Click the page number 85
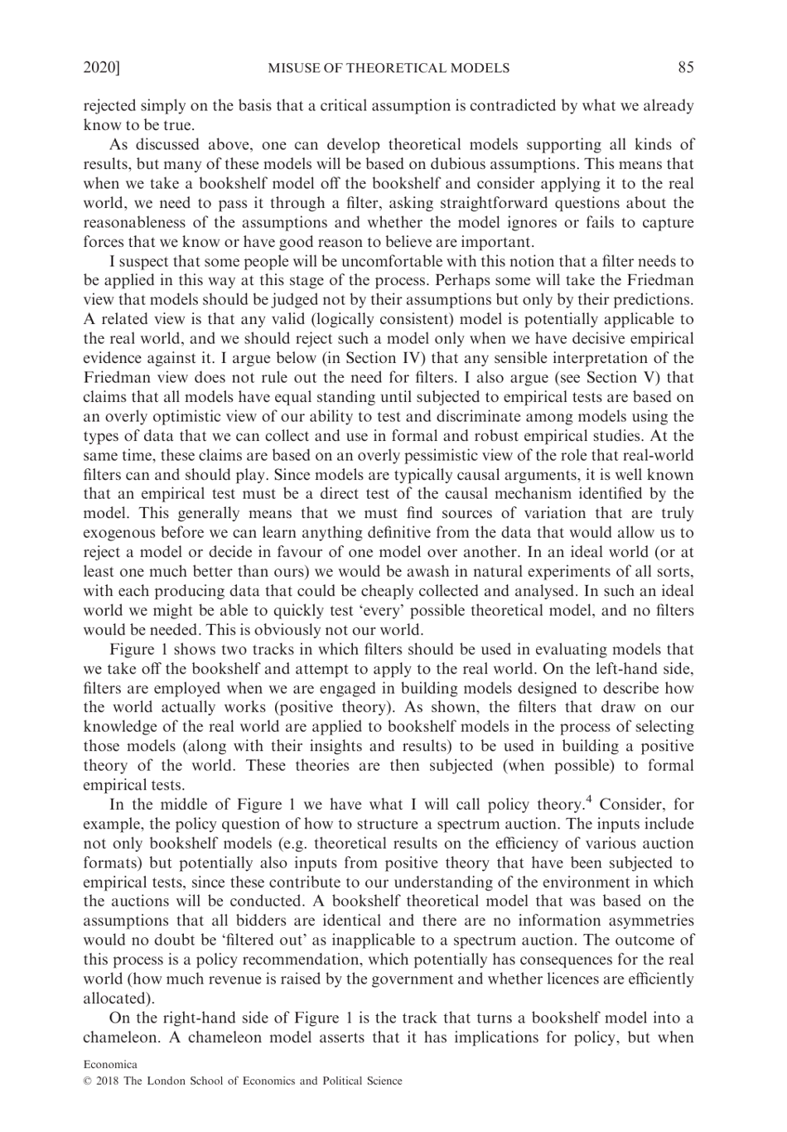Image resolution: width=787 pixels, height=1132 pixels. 685,68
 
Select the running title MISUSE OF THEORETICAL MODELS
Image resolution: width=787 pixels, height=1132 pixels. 389,68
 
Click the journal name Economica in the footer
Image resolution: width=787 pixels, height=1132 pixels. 110,1064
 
